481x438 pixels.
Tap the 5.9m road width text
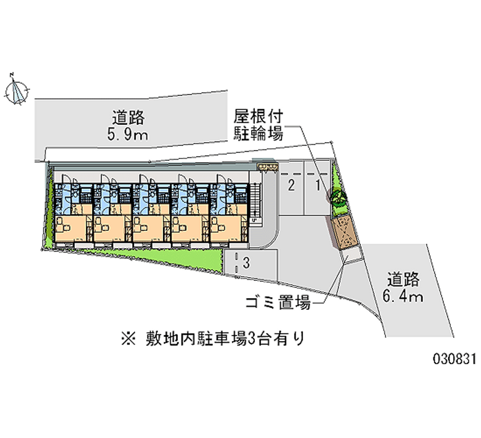(127, 134)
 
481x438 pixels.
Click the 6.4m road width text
(405, 296)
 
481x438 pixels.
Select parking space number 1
(317, 186)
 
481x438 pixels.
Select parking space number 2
(291, 186)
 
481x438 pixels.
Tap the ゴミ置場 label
(278, 303)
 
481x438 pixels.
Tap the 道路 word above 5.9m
(128, 117)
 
